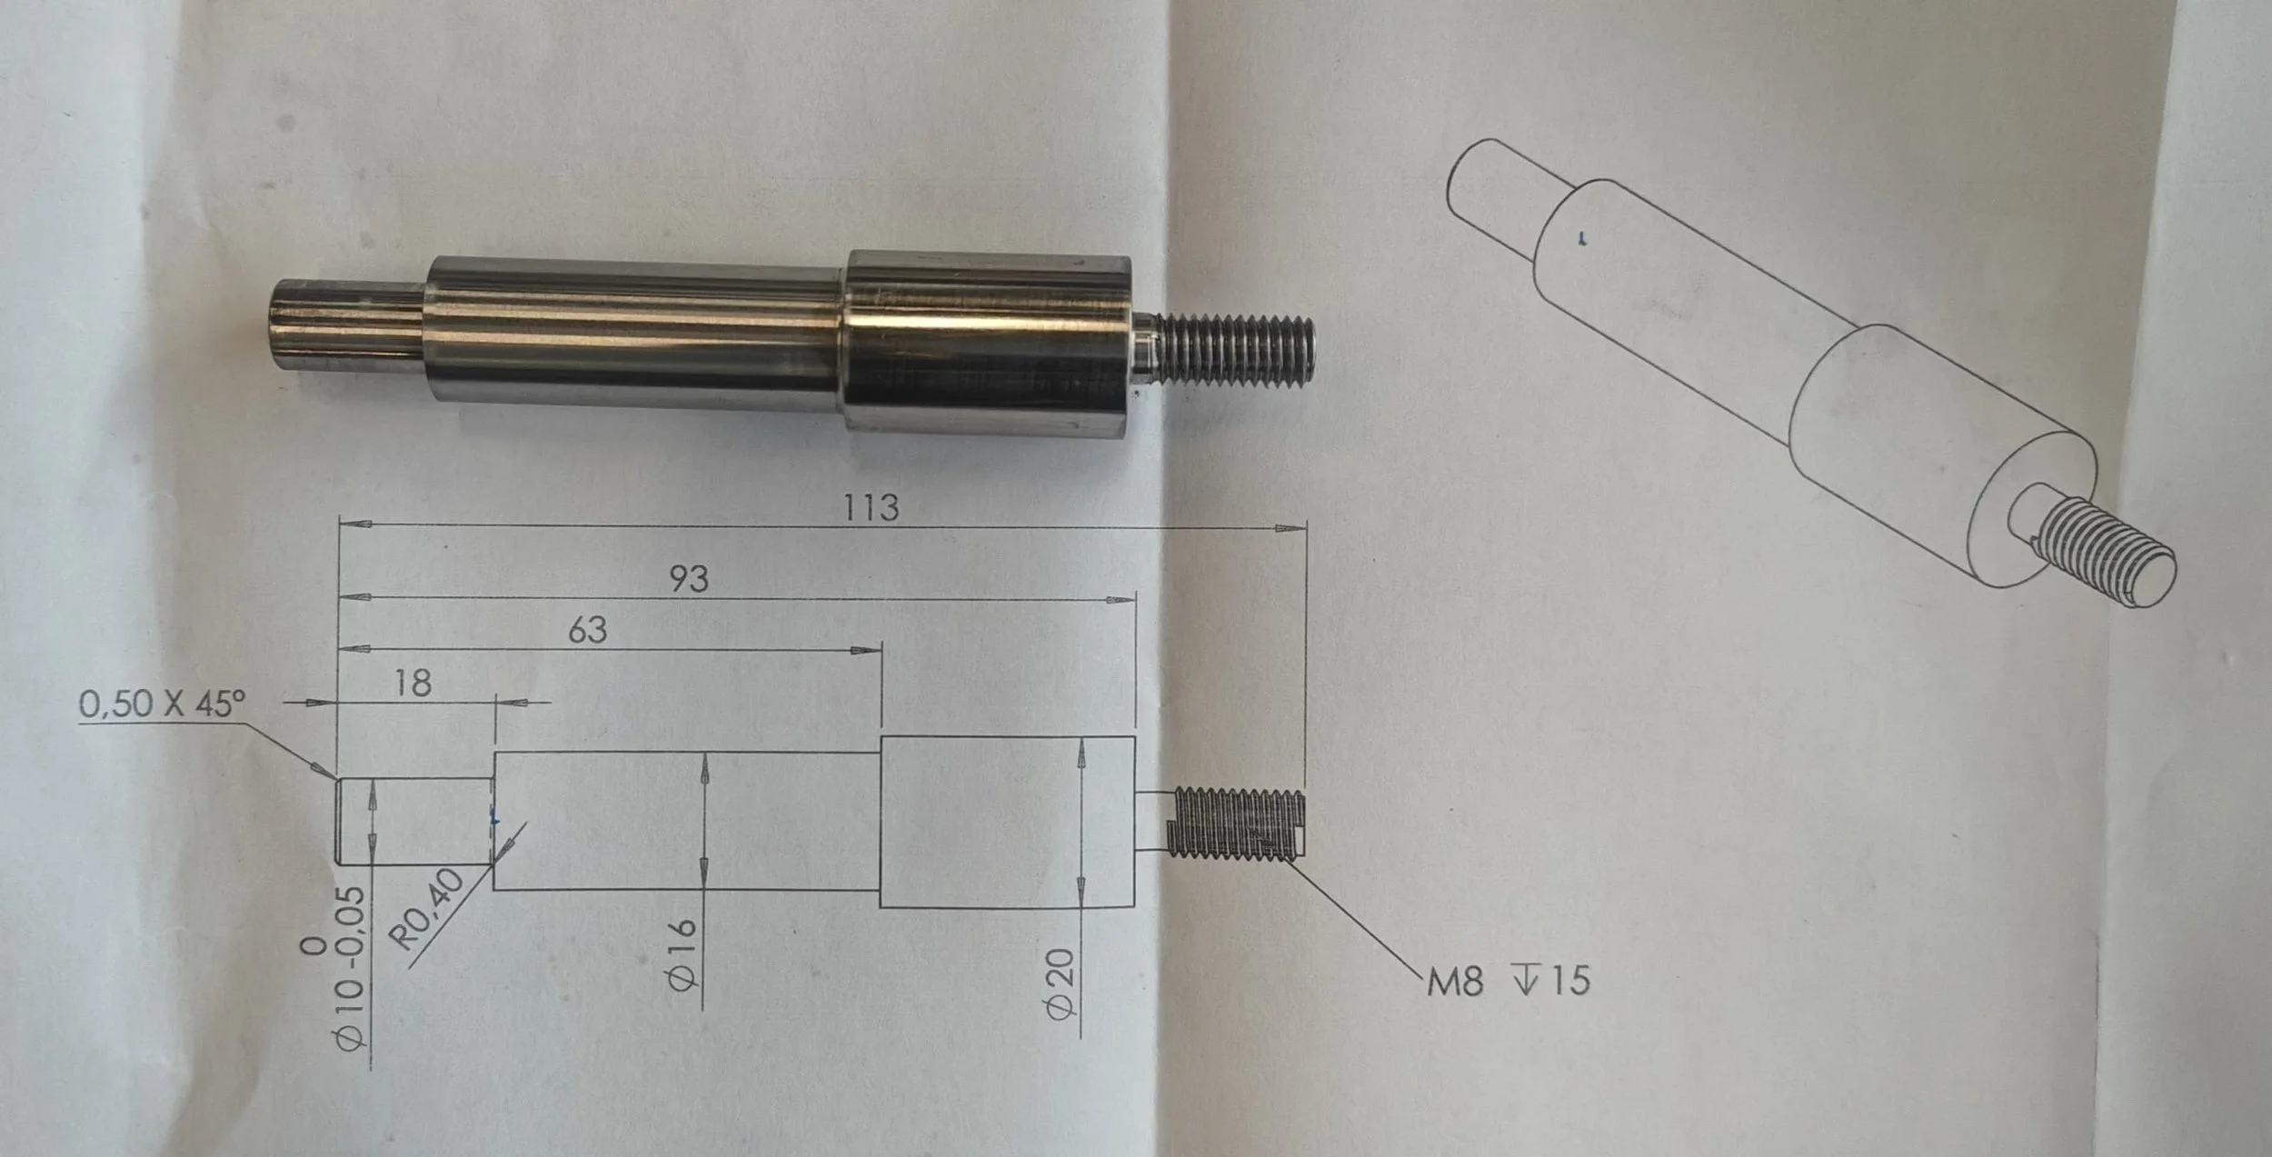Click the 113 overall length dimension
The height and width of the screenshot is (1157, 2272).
[871, 507]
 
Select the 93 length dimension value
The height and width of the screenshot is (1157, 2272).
[689, 579]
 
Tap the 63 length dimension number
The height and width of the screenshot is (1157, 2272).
[588, 630]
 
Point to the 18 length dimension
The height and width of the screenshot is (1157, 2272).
[414, 683]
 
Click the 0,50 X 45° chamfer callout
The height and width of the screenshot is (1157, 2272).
[163, 703]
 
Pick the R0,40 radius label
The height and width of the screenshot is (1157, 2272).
[431, 909]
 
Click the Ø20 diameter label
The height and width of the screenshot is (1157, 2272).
[1061, 984]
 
